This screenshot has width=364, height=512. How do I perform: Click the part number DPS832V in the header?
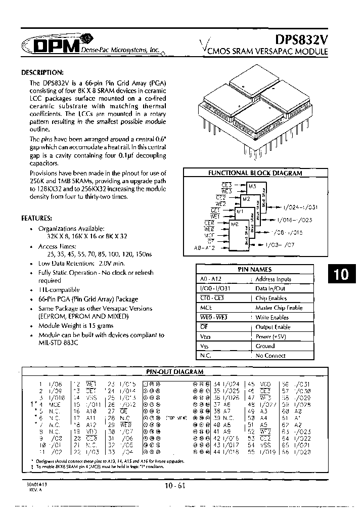pyautogui.click(x=301, y=39)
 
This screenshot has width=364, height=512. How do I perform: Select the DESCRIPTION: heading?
pyautogui.click(x=42, y=72)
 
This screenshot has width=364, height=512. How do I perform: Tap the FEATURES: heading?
pyautogui.click(x=36, y=218)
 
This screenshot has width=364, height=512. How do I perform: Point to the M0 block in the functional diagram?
pyautogui.click(x=234, y=224)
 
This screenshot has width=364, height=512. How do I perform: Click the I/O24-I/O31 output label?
pyautogui.click(x=300, y=207)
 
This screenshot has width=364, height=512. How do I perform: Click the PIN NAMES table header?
pyautogui.click(x=254, y=270)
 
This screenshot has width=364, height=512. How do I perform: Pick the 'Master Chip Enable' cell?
pyautogui.click(x=279, y=308)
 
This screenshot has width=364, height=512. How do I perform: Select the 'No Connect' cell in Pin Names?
pyautogui.click(x=270, y=356)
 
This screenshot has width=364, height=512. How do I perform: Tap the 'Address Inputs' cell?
pyautogui.click(x=273, y=279)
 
